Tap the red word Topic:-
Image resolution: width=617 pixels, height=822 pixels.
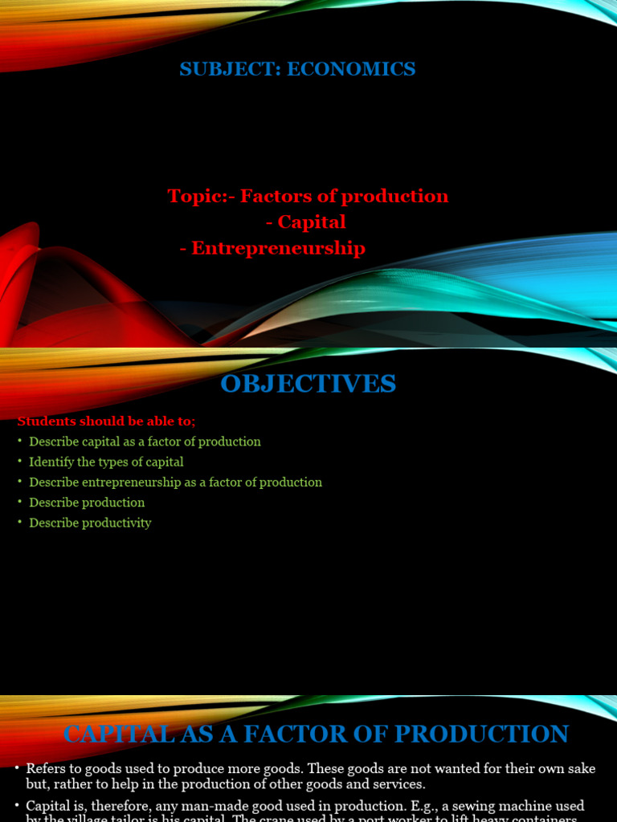point(202,196)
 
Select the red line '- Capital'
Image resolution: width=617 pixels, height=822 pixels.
point(306,222)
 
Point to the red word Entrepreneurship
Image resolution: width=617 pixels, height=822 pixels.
point(279,248)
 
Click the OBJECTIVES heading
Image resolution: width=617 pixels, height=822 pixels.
point(308,384)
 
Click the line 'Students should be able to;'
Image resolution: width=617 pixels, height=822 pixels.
point(107,421)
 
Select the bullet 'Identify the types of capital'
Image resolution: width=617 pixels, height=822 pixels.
point(106,462)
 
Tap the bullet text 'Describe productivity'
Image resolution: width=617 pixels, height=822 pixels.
point(90,523)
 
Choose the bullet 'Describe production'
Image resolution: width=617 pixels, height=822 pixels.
point(87,503)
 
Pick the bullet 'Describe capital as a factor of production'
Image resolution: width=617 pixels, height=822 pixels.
point(145,442)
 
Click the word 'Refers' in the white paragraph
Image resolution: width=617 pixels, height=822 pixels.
point(43,768)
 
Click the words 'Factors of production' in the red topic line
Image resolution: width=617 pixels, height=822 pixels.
point(345,196)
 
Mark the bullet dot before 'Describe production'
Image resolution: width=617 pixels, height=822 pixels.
point(19,503)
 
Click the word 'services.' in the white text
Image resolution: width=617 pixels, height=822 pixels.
point(400,784)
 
